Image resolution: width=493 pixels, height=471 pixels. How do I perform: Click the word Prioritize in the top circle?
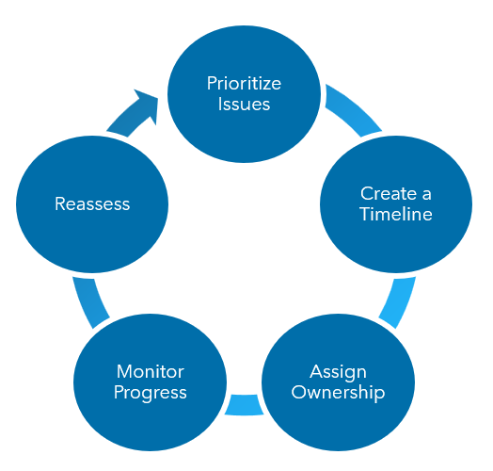(x=244, y=84)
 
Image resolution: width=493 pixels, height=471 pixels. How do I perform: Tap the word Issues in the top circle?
(x=244, y=104)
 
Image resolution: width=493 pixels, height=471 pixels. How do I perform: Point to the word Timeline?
(x=395, y=214)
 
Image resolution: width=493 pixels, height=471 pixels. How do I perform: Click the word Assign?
(x=338, y=371)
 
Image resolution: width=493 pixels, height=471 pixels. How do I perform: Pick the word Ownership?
(x=338, y=392)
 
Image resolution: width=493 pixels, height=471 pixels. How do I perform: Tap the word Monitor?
(x=150, y=371)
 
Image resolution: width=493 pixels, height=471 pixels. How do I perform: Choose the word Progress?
(x=150, y=392)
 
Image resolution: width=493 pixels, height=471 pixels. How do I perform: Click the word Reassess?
(x=91, y=203)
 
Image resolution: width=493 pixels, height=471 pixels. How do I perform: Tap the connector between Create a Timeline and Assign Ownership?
(x=399, y=300)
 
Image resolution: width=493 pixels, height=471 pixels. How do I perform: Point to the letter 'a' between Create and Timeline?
(x=426, y=193)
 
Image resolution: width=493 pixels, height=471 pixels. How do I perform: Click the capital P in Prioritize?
(x=212, y=84)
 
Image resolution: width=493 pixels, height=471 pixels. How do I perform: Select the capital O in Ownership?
(x=299, y=392)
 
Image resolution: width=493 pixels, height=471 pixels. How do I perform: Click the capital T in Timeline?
(x=364, y=214)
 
